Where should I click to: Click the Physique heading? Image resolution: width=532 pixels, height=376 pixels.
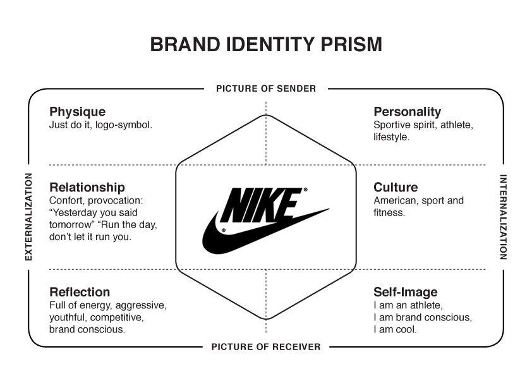tap(77, 112)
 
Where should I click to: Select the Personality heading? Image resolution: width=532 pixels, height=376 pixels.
tap(407, 112)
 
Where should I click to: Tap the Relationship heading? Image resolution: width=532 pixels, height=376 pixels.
tap(87, 187)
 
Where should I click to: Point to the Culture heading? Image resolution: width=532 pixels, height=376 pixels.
tap(396, 187)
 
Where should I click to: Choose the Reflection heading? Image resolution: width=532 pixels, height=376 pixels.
tap(80, 292)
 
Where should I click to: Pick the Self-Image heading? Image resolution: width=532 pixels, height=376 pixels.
tap(406, 293)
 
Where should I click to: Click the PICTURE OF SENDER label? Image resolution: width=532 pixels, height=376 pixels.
tap(266, 89)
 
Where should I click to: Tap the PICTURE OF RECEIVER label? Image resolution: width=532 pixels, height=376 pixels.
tap(266, 347)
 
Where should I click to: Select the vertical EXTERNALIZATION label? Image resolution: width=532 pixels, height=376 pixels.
tap(29, 217)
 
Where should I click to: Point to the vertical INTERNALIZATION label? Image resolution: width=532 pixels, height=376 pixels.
tap(503, 217)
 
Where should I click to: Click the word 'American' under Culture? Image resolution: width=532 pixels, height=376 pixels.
tap(396, 200)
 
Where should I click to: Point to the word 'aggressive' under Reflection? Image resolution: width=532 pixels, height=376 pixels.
tap(141, 306)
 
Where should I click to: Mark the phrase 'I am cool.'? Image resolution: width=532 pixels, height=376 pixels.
tap(395, 329)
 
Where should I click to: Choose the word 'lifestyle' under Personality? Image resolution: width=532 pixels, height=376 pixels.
tap(391, 137)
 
